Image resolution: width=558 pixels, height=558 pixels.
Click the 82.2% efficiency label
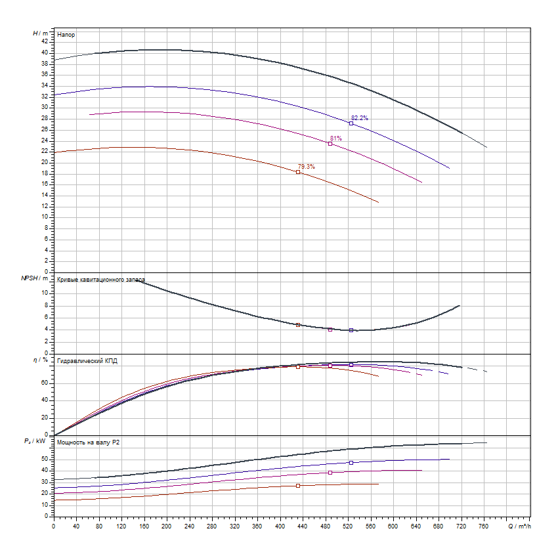tap(360, 118)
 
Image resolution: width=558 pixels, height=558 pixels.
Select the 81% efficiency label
tap(335, 139)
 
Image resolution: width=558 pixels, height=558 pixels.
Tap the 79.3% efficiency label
tap(307, 167)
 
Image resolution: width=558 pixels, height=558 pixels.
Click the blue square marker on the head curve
tap(351, 123)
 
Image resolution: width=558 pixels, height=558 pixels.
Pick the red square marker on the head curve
tap(298, 172)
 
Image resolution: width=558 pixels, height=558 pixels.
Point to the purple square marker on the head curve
tap(330, 144)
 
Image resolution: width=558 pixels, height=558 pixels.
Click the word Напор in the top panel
tap(66, 33)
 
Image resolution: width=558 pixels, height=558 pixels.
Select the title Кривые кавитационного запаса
tap(101, 280)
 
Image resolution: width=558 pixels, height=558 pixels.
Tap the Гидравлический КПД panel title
tap(87, 361)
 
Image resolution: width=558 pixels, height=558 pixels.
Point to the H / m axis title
tap(41, 33)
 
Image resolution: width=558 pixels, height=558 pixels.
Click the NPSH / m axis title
tap(35, 278)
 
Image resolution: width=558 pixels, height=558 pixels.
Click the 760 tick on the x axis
tap(484, 526)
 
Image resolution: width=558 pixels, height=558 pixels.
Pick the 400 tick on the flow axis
tap(280, 526)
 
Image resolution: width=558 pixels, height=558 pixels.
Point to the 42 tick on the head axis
tap(45, 41)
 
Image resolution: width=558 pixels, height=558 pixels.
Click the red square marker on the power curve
tap(298, 486)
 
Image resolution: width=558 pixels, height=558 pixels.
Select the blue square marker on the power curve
tap(351, 463)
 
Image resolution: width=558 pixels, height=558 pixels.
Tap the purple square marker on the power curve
tap(330, 473)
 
